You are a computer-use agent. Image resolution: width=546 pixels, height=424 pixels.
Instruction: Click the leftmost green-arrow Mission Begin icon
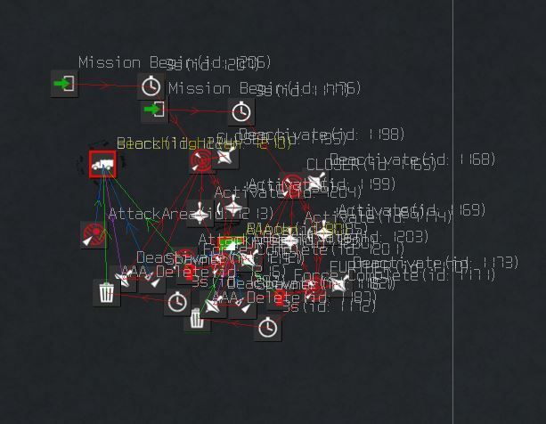(64, 85)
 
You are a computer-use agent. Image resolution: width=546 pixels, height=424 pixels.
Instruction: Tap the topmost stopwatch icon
(151, 86)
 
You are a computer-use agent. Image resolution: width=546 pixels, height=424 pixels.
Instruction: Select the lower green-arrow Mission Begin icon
(154, 110)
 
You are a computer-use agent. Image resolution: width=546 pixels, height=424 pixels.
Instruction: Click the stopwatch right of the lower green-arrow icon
(241, 112)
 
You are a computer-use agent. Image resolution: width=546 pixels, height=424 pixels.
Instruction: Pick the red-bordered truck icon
(102, 164)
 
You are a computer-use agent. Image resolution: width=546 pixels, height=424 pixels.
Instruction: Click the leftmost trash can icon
(106, 292)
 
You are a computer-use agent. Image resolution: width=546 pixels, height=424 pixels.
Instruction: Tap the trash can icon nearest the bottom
(197, 319)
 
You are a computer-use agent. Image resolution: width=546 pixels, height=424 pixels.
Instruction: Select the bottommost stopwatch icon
(267, 328)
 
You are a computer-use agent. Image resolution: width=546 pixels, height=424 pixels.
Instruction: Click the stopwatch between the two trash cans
(177, 302)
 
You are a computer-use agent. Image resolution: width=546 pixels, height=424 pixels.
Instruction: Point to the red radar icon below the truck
(94, 234)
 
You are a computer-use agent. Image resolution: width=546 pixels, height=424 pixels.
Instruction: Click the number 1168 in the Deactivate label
(479, 159)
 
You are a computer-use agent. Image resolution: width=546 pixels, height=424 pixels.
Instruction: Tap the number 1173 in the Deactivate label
(501, 263)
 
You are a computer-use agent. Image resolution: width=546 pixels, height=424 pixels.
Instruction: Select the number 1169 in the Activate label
(469, 210)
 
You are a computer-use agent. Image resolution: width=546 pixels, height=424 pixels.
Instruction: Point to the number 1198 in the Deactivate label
(388, 135)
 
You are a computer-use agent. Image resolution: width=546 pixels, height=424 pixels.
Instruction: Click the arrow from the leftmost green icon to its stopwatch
(107, 86)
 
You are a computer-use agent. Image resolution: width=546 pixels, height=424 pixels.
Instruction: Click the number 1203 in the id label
(412, 237)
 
